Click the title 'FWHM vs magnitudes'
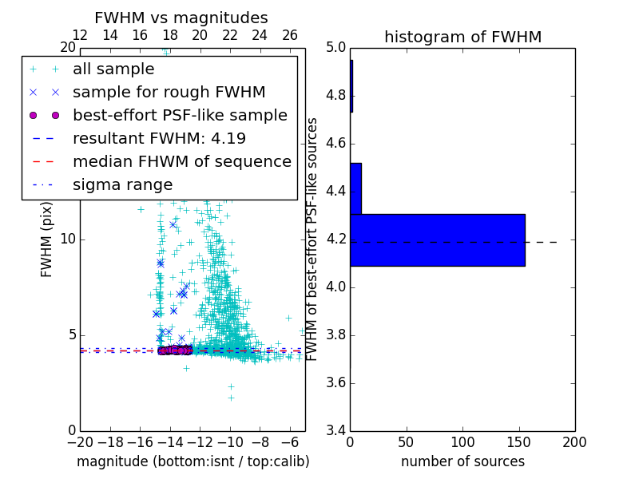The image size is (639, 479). click(181, 18)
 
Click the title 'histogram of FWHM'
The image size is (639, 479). click(462, 37)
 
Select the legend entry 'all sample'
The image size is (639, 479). click(112, 69)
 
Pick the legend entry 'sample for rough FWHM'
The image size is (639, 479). click(169, 92)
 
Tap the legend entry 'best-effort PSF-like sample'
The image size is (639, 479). click(180, 115)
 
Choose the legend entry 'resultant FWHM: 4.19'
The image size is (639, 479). click(159, 138)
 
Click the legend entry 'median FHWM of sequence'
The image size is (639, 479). click(181, 161)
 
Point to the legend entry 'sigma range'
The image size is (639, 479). click(122, 184)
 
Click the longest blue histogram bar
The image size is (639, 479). click(437, 239)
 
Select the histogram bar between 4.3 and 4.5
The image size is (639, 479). click(355, 188)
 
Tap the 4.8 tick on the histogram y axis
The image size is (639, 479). click(336, 96)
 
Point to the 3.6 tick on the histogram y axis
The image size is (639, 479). click(336, 382)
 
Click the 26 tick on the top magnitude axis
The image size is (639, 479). click(290, 35)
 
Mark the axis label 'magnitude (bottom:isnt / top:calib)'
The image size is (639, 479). click(192, 461)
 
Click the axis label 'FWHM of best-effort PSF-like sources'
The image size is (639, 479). click(313, 239)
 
